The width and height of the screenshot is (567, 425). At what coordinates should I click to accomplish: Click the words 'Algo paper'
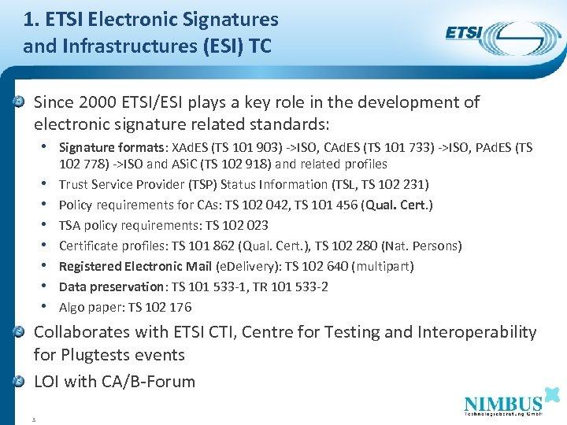click(x=86, y=307)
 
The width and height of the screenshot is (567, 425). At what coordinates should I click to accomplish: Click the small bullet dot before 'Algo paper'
click(x=49, y=307)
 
